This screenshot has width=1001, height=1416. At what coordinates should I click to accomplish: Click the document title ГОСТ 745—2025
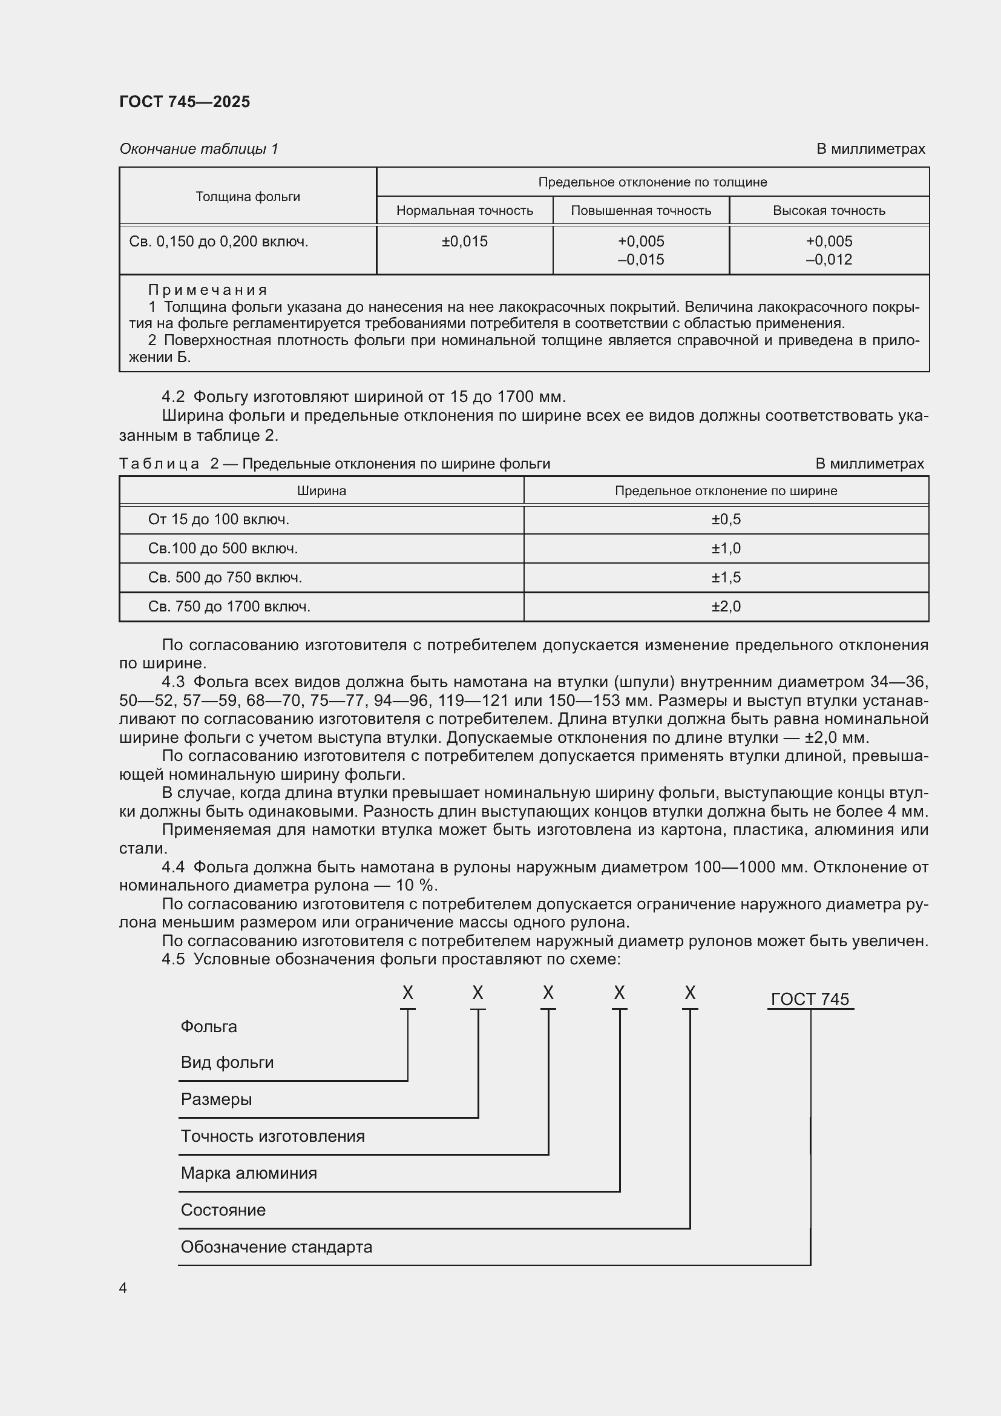point(185,102)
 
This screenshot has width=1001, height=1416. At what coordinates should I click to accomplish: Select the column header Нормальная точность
point(464,211)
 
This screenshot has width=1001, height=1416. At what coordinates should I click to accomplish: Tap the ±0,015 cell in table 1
point(464,242)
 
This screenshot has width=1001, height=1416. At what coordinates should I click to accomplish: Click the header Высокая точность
point(829,211)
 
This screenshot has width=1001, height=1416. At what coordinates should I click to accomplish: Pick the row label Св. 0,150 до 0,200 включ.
point(218,242)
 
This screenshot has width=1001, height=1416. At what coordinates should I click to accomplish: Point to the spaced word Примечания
point(208,290)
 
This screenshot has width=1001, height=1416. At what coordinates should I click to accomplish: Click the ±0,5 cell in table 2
point(726,519)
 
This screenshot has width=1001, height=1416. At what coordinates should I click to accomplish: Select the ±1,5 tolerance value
point(726,578)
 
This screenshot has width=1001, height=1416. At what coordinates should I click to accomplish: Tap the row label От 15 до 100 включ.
point(218,519)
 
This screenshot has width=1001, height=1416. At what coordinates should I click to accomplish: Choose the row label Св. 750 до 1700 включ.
point(229,607)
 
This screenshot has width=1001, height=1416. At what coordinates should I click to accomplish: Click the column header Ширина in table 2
point(321,491)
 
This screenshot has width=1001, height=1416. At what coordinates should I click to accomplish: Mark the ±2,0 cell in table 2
point(726,607)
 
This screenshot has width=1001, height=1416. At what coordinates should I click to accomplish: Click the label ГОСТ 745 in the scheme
point(809,999)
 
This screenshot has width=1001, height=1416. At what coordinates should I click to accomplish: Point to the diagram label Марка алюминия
point(248,1173)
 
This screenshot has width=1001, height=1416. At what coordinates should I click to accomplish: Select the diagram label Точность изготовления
point(272,1136)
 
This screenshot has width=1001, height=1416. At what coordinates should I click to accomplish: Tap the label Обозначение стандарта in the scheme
point(276,1247)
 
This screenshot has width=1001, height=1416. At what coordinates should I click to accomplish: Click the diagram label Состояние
point(223,1210)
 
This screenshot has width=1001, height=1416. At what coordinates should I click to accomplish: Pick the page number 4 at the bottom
point(123,1288)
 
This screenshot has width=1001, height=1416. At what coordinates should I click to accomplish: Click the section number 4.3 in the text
point(172,682)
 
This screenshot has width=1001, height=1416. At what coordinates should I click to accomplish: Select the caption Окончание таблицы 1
point(199,149)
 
